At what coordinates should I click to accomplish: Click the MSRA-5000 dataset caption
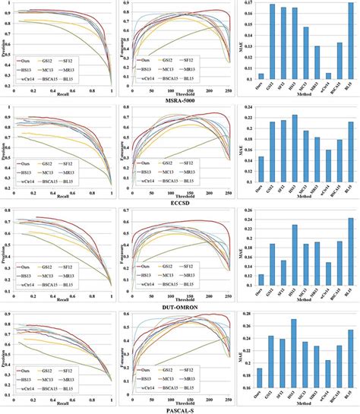(180, 100)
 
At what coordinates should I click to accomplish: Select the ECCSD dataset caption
(180, 203)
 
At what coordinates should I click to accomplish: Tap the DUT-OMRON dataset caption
(180, 306)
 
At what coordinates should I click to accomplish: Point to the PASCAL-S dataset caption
(180, 409)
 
